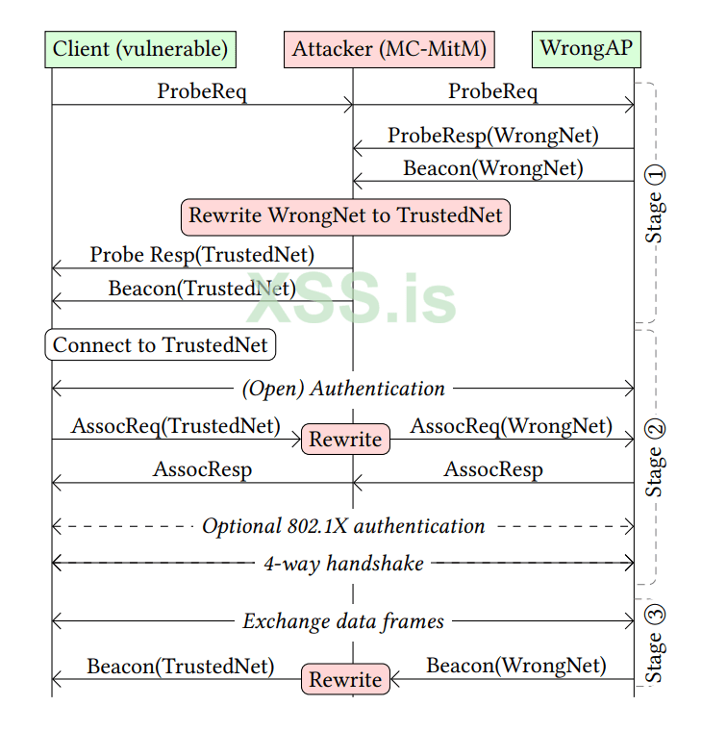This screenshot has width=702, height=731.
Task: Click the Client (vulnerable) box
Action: point(140,48)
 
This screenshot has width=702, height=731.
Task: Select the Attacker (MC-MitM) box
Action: point(389,48)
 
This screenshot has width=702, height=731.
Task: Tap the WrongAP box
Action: point(586,48)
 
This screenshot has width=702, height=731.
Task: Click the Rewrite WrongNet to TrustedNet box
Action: point(345,215)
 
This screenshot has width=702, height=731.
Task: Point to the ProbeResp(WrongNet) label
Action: point(492,136)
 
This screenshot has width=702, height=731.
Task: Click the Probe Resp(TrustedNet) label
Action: point(202,255)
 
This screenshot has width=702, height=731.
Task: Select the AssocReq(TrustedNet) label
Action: point(175,425)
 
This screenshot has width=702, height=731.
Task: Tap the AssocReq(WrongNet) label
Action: point(511,425)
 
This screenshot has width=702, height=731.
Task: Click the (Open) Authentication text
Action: point(343,389)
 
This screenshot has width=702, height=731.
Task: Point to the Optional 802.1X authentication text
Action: point(343,526)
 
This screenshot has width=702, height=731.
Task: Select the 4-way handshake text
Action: point(343,564)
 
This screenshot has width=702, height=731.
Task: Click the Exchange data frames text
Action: point(343,621)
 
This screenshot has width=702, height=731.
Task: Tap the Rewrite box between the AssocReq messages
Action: point(345,440)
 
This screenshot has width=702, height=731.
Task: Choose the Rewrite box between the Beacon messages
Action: point(345,680)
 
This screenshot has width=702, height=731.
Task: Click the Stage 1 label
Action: point(654,202)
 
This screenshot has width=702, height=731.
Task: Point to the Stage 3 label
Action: point(654,643)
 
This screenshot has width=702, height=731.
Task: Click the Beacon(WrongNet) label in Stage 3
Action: point(516,666)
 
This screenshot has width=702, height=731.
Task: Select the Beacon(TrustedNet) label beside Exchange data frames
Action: point(181,666)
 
